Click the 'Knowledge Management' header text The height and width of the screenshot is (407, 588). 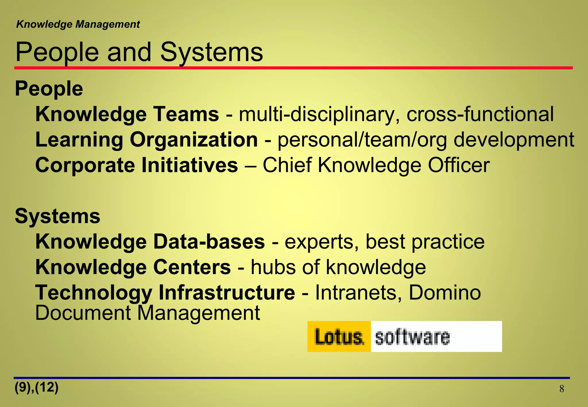[78, 24]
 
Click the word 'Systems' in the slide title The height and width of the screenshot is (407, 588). [211, 52]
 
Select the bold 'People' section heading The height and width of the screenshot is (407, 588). [49, 88]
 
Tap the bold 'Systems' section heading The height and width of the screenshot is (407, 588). [57, 216]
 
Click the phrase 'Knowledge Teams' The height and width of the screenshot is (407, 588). [127, 114]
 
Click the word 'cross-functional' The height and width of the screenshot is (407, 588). [480, 114]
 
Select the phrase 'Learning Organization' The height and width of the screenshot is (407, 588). [146, 140]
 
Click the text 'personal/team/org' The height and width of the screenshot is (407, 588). [362, 140]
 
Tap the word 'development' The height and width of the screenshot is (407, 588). [514, 140]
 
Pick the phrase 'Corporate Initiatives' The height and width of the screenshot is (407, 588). [137, 165]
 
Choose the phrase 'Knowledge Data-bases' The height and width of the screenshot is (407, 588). [150, 242]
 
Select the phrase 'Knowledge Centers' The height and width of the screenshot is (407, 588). [133, 267]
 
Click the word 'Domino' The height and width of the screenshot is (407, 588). [444, 293]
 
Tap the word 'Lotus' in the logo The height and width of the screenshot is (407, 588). [339, 337]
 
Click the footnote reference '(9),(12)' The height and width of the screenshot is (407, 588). [36, 387]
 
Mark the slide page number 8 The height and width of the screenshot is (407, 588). [562, 389]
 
